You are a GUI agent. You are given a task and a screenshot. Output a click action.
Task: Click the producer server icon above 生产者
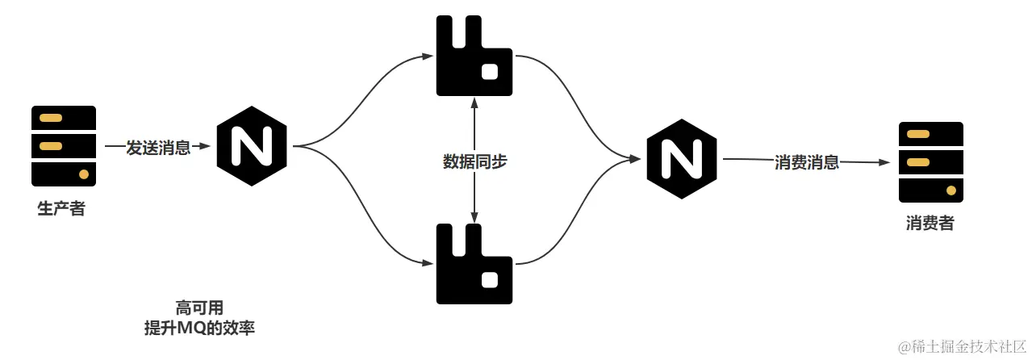coord(64,146)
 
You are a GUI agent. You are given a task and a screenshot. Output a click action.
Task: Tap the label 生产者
coord(61,209)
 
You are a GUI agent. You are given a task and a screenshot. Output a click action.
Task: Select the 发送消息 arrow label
coord(158,148)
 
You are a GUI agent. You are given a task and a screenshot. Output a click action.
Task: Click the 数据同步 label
coord(475,161)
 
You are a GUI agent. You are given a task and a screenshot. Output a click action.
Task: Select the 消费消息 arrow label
coord(807,161)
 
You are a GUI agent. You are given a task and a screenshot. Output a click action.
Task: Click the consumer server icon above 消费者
coord(931,161)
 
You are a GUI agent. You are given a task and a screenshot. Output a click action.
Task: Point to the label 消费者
coord(930,224)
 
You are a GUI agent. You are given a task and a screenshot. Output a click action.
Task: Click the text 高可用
coord(198,308)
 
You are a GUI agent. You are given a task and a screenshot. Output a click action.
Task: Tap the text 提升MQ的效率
coord(198,328)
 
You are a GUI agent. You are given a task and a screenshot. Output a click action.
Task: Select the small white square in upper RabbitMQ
coord(489,72)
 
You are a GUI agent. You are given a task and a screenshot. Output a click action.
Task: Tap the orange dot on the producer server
coord(83,174)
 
